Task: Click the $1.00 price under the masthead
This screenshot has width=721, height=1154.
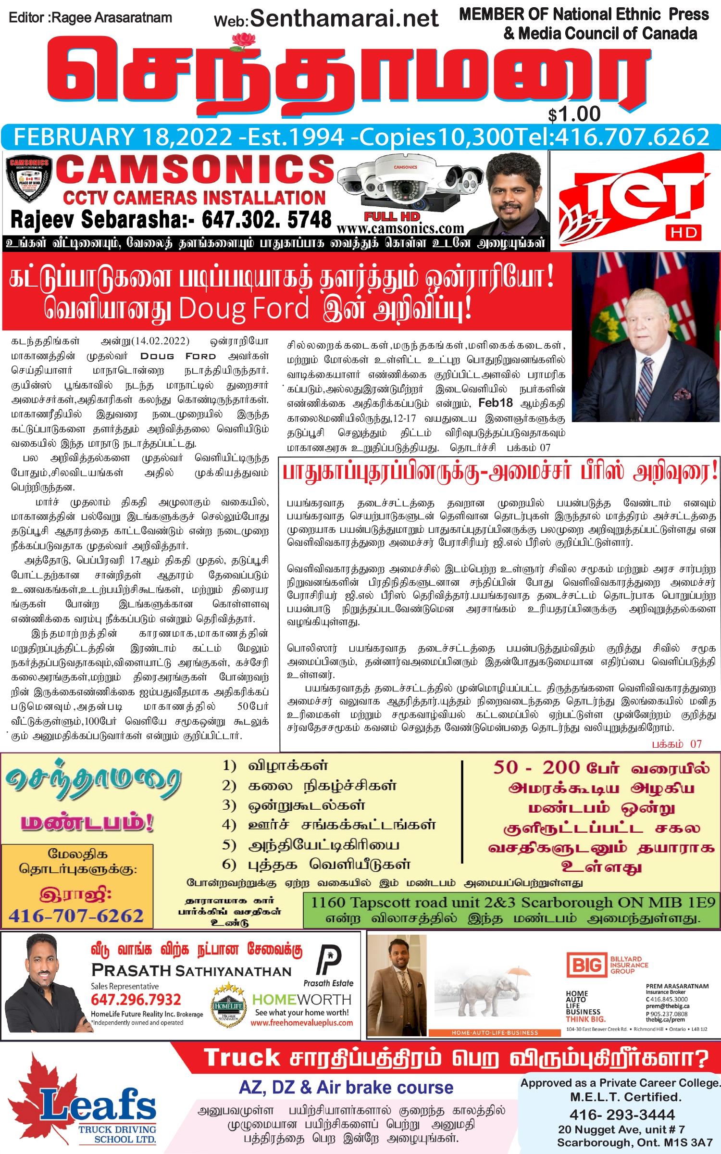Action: (574, 114)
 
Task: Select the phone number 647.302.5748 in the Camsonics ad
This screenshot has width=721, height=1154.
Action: (266, 220)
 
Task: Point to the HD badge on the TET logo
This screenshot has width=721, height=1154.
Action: (684, 233)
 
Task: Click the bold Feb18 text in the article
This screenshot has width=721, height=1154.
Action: (496, 403)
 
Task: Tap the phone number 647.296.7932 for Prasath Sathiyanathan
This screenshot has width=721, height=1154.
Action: (136, 1000)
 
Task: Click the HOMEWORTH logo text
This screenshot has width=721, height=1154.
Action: (302, 1000)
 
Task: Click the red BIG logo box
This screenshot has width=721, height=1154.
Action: (586, 965)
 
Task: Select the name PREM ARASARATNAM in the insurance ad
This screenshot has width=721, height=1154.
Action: (677, 986)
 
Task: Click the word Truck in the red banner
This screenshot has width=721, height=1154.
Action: (242, 1058)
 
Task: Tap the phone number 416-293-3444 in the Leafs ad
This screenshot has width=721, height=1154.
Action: (622, 1115)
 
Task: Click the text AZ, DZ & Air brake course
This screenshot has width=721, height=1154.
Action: (346, 1087)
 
